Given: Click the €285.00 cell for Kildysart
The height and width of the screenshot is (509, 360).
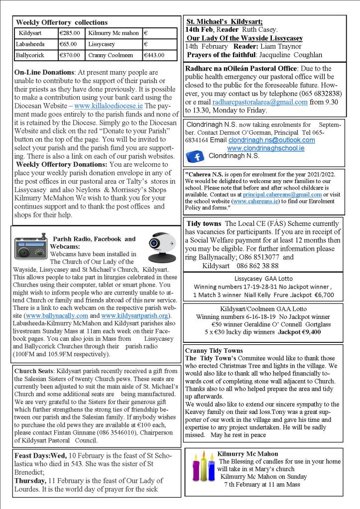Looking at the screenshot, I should coord(70,33).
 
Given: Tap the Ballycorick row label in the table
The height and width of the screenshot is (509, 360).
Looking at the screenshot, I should coord(30,55).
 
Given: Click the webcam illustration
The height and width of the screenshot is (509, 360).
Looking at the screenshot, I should coord(162,247).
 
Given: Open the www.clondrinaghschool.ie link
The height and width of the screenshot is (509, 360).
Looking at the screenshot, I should coord(265,148).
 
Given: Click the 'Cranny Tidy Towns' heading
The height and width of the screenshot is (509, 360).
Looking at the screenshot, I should coord(214,351).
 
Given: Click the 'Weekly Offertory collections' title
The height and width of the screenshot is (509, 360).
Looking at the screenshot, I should coord(61,22).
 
